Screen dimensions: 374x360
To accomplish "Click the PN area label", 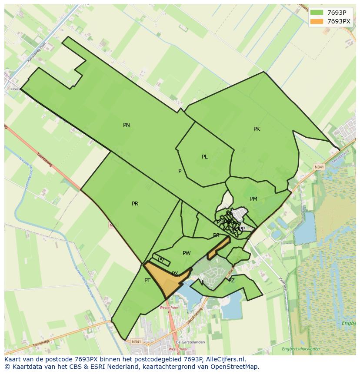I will [127, 125].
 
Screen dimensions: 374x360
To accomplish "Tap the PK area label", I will [257, 129].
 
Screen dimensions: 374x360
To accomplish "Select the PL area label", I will [204, 157].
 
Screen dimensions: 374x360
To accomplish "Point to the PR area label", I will [135, 204].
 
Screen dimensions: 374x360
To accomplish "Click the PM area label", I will [253, 199].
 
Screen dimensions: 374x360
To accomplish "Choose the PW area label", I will [187, 253].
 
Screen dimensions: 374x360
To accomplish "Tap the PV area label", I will [161, 260].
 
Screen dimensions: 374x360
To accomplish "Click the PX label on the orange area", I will [175, 274].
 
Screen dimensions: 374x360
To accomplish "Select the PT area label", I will [147, 281].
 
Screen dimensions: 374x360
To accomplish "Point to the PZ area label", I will [231, 281].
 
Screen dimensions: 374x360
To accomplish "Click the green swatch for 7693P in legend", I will [317, 12].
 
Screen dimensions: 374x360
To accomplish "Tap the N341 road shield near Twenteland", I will [319, 167].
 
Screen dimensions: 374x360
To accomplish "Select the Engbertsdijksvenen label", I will [300, 349].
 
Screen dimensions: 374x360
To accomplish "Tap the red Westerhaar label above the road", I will [168, 307].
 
